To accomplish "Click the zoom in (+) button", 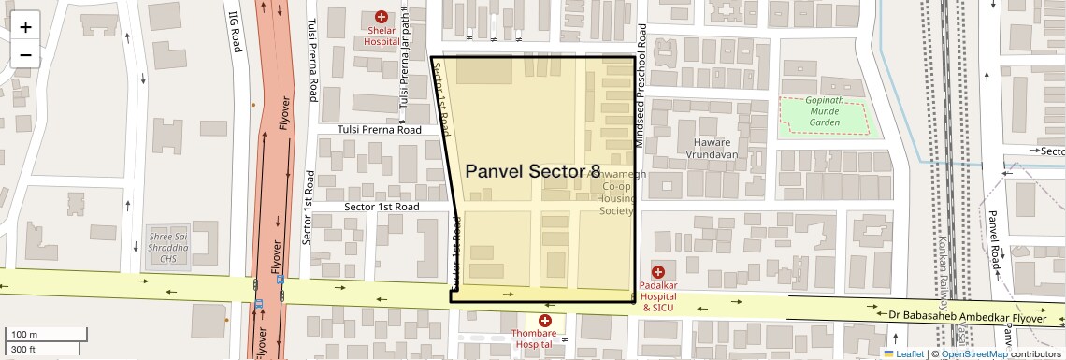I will pyautogui.click(x=25, y=27).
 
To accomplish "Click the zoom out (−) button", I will pyautogui.click(x=25, y=54).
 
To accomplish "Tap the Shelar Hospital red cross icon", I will pyautogui.click(x=382, y=17).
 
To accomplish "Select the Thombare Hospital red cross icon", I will pyautogui.click(x=544, y=321).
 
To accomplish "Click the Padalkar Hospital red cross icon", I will pyautogui.click(x=657, y=271).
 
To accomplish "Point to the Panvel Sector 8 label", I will pyautogui.click(x=533, y=171).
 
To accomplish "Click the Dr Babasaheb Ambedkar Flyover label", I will pyautogui.click(x=968, y=318).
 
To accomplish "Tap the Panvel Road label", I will pyautogui.click(x=994, y=238).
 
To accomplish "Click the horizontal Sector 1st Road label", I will pyautogui.click(x=382, y=207).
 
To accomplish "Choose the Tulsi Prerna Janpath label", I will pyautogui.click(x=405, y=58).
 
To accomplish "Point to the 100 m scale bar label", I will pyautogui.click(x=24, y=335).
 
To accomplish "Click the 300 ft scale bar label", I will pyautogui.click(x=23, y=350).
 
